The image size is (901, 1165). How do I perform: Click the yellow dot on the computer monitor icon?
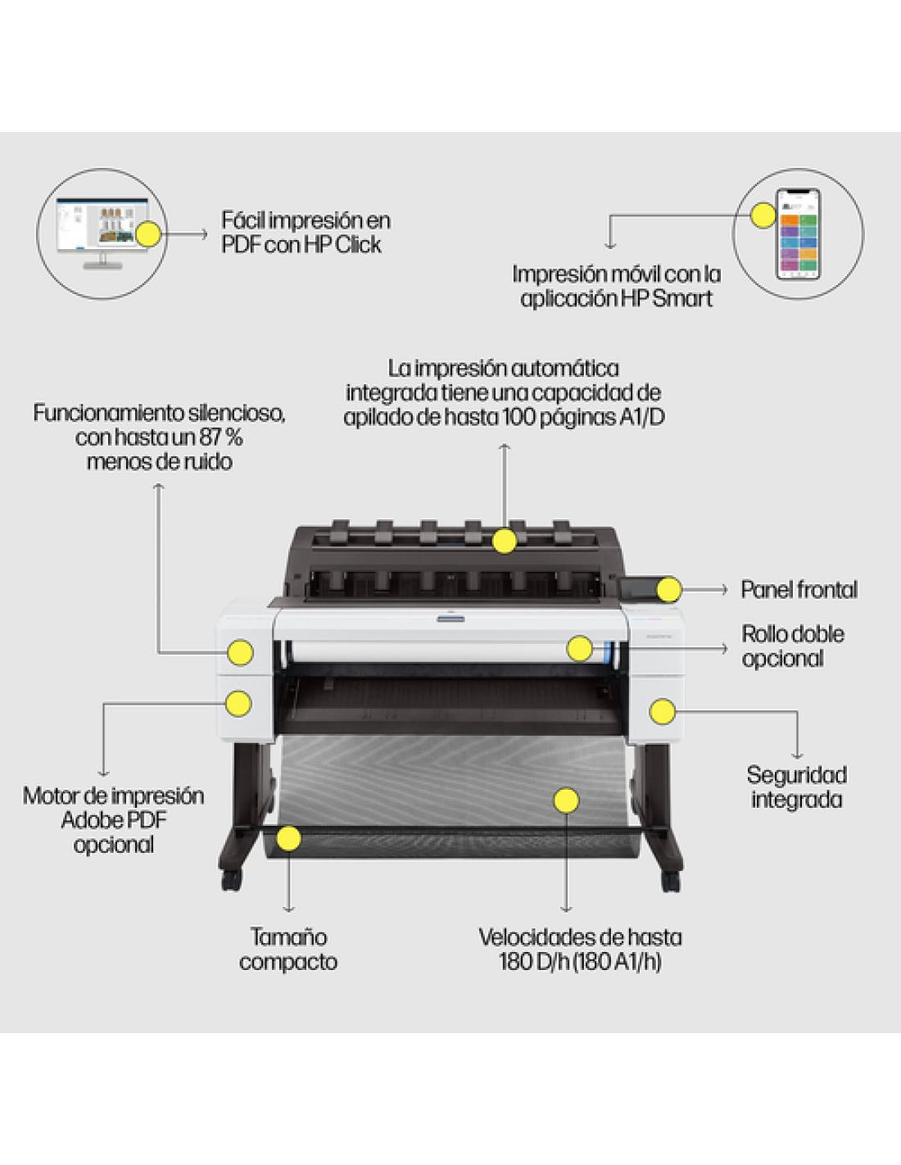[x=148, y=234]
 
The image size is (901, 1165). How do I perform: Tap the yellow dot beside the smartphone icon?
[x=763, y=215]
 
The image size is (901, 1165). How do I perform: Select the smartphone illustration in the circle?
[x=798, y=234]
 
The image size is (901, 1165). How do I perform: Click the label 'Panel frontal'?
[x=799, y=590]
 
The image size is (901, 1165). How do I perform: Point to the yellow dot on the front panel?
[x=669, y=589]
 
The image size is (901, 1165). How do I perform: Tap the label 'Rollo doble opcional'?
[x=792, y=646]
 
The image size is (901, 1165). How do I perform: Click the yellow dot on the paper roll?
[x=579, y=648]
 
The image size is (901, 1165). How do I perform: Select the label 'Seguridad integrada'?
[x=796, y=787]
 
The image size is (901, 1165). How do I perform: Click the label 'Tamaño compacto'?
[x=288, y=949]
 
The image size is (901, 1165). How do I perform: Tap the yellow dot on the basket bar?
[x=288, y=838]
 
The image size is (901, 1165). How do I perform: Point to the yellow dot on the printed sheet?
[x=566, y=800]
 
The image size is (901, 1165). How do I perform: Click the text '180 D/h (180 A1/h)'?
[x=580, y=962]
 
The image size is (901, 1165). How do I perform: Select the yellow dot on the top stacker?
[x=505, y=541]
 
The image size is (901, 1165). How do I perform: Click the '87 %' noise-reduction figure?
[x=221, y=437]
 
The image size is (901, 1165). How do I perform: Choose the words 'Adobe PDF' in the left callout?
[x=113, y=820]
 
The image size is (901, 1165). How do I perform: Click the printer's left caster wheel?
[x=232, y=881]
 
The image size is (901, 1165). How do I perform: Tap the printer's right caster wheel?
[x=671, y=882]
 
